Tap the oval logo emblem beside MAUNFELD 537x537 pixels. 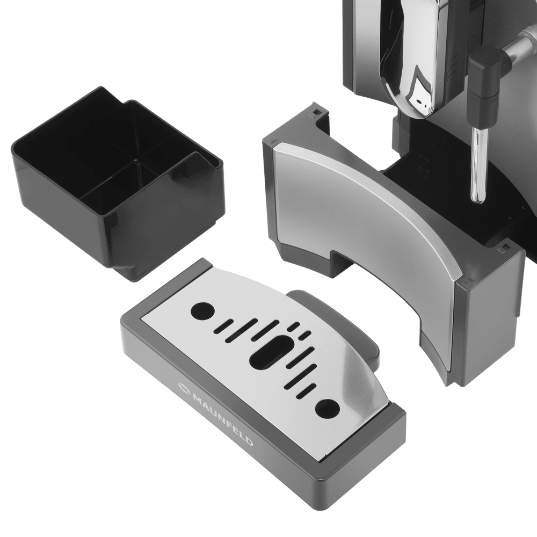183,388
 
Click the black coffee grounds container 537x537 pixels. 117,182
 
